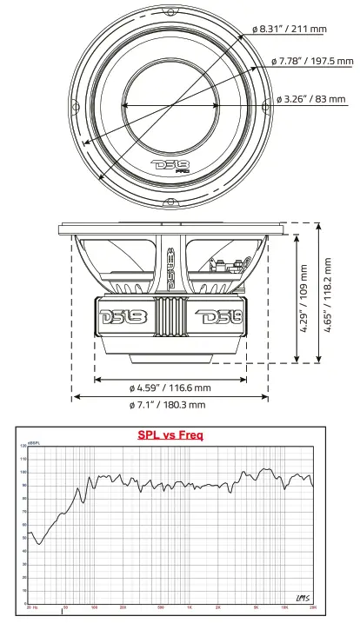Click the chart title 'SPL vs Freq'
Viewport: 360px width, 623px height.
pyautogui.click(x=170, y=435)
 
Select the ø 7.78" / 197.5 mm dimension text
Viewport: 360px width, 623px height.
pyautogui.click(x=312, y=61)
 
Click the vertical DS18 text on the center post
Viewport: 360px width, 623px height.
pyautogui.click(x=170, y=265)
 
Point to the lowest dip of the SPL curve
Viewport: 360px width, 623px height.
pyautogui.click(x=39, y=544)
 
